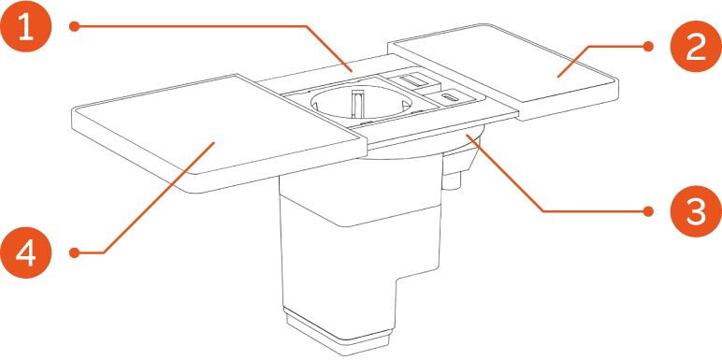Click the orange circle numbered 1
[26, 28]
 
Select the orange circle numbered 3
[695, 212]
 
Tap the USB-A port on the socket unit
[412, 83]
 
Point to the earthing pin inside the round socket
[356, 98]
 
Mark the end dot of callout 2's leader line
[648, 45]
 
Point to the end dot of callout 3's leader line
[648, 212]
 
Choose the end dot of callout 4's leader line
[74, 252]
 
